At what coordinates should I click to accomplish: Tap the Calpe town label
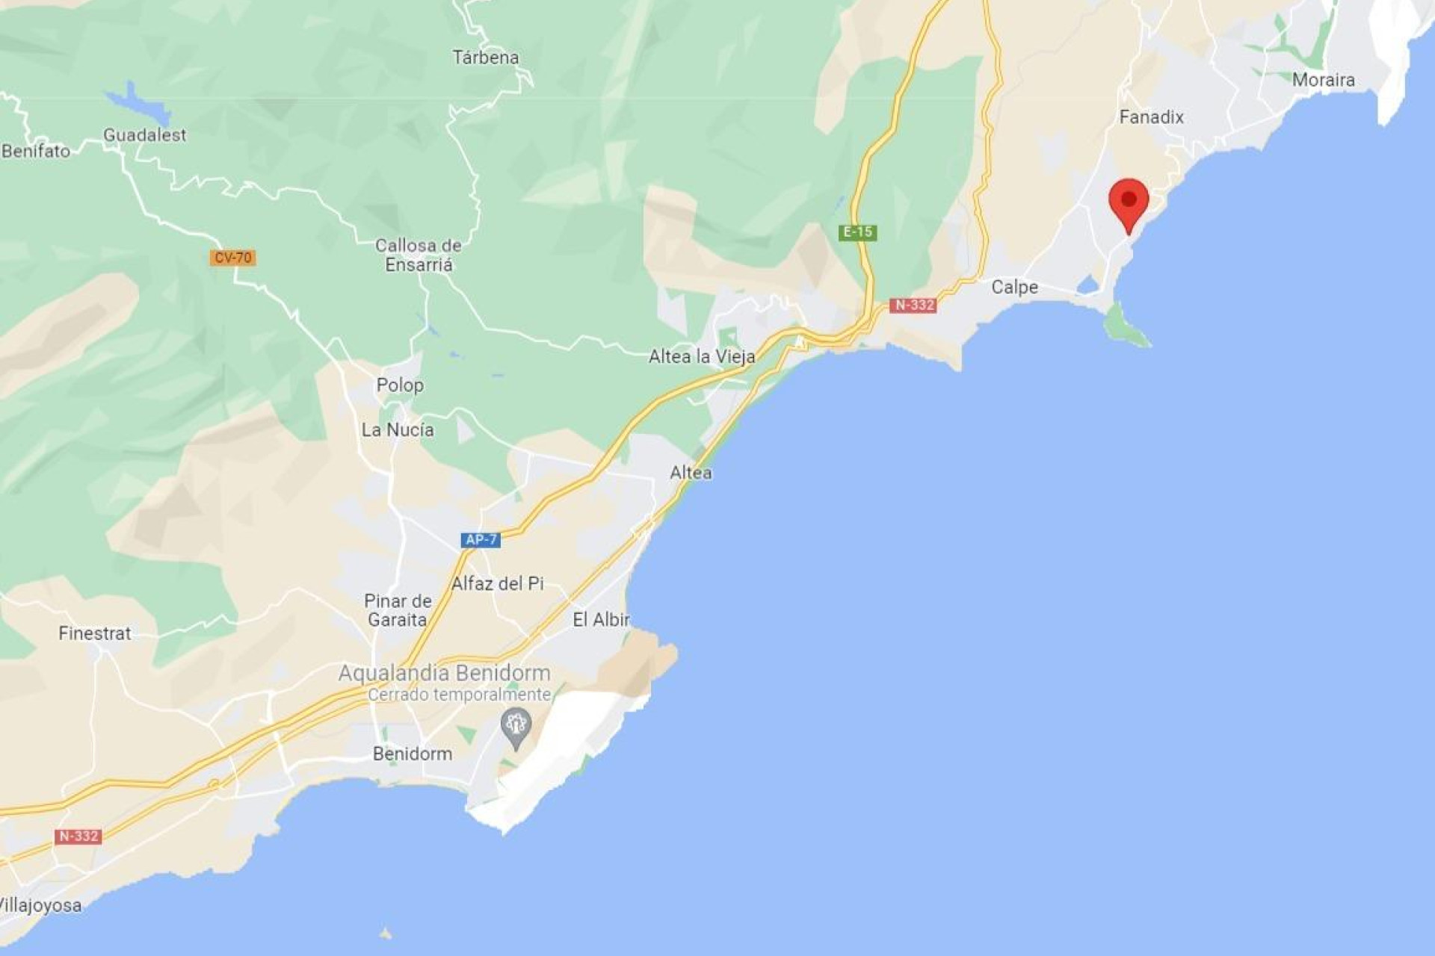click(x=1014, y=287)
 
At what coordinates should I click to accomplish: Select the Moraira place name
click(x=1323, y=80)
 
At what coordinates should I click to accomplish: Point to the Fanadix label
click(x=1151, y=117)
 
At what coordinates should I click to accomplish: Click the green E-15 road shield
click(x=858, y=232)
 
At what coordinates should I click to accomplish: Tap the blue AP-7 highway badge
click(x=480, y=539)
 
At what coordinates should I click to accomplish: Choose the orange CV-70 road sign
click(x=233, y=258)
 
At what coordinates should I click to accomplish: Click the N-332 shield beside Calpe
click(x=913, y=305)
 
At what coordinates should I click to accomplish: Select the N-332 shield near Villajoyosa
click(x=78, y=836)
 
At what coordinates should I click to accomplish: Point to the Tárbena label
click(x=486, y=58)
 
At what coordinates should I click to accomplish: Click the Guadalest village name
click(x=145, y=135)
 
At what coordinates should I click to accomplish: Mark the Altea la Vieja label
click(x=702, y=357)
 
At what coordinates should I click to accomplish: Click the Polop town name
click(x=400, y=385)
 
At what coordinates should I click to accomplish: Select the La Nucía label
click(x=398, y=429)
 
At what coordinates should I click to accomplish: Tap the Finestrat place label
click(x=95, y=633)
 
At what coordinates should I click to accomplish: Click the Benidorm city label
click(x=413, y=754)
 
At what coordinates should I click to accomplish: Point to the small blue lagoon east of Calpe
click(x=1088, y=285)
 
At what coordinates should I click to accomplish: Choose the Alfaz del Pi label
click(x=498, y=583)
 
